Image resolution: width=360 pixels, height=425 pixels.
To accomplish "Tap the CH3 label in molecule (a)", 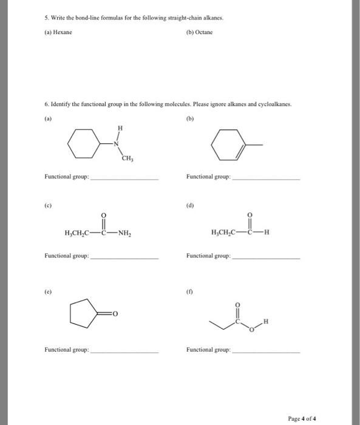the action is tap(127, 160).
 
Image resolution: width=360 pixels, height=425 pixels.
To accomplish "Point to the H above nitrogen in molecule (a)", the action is tap(120, 129).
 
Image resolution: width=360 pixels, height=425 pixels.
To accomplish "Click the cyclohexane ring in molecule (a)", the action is tap(81, 146).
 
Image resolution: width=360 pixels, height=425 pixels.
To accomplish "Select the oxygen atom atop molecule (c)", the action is tap(103, 215).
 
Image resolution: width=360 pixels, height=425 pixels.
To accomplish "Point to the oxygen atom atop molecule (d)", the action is tap(249, 215).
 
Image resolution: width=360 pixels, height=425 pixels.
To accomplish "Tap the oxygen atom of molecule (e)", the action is tap(114, 314).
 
